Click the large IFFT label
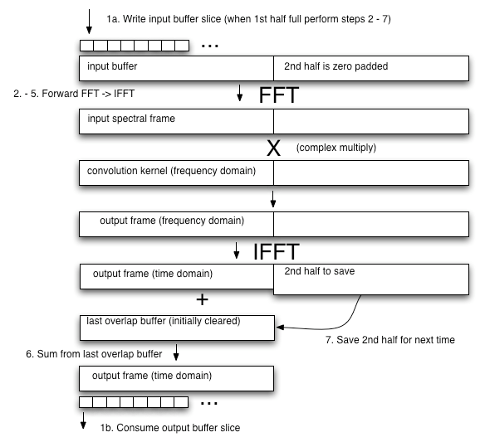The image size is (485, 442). (x=277, y=251)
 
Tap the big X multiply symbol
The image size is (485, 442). (x=273, y=148)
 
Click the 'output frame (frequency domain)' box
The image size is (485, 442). (x=175, y=223)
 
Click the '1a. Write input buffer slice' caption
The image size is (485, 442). (x=255, y=17)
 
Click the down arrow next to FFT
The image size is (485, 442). (x=240, y=95)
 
